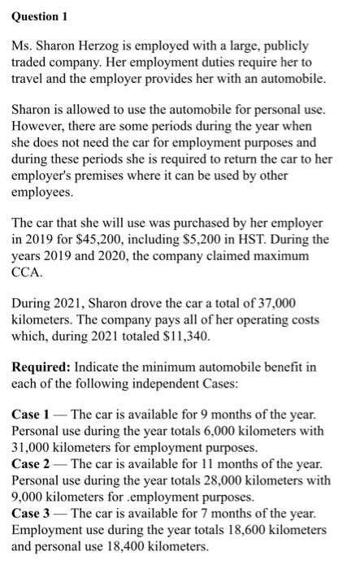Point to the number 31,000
35,447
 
